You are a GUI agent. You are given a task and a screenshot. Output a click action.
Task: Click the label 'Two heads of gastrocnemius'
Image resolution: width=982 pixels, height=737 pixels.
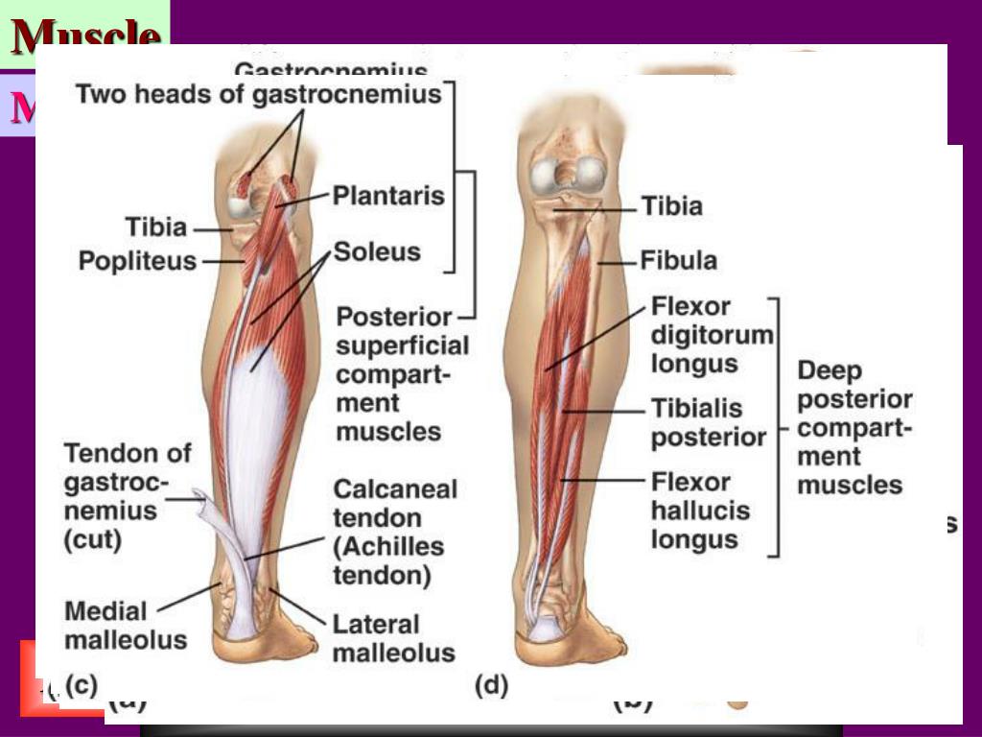click(258, 94)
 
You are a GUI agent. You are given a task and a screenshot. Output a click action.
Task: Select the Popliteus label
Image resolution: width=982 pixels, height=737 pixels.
click(137, 261)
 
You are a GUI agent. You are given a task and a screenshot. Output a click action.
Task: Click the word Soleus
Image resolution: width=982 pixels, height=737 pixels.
click(377, 252)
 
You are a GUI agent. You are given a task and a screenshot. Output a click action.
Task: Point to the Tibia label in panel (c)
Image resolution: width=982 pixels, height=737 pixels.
click(155, 227)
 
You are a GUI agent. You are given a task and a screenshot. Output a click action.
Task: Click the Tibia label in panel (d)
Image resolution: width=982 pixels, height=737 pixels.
click(671, 206)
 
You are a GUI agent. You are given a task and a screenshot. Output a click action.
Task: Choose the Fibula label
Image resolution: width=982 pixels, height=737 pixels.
click(678, 261)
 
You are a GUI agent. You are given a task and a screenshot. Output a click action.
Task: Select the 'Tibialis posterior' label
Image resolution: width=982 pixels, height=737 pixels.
click(708, 422)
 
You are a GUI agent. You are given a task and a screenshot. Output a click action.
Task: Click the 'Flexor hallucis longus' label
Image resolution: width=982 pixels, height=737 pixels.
click(700, 510)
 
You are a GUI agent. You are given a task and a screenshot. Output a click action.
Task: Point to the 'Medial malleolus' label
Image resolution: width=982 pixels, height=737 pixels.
click(125, 625)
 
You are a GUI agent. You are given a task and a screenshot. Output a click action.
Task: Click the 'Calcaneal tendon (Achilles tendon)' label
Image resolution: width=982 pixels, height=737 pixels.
click(394, 532)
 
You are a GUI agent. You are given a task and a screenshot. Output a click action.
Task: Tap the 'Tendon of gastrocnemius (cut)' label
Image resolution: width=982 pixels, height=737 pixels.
click(127, 495)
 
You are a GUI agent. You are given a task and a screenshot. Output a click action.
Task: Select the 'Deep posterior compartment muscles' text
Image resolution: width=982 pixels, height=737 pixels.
click(853, 427)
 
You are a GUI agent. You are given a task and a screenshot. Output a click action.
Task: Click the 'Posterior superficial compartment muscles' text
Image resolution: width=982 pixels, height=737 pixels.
click(402, 373)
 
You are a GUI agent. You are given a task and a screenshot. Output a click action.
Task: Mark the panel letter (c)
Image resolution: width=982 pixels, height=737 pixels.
click(80, 685)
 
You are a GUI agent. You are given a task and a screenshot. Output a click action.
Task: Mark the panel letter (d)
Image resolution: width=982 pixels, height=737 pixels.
click(491, 685)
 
